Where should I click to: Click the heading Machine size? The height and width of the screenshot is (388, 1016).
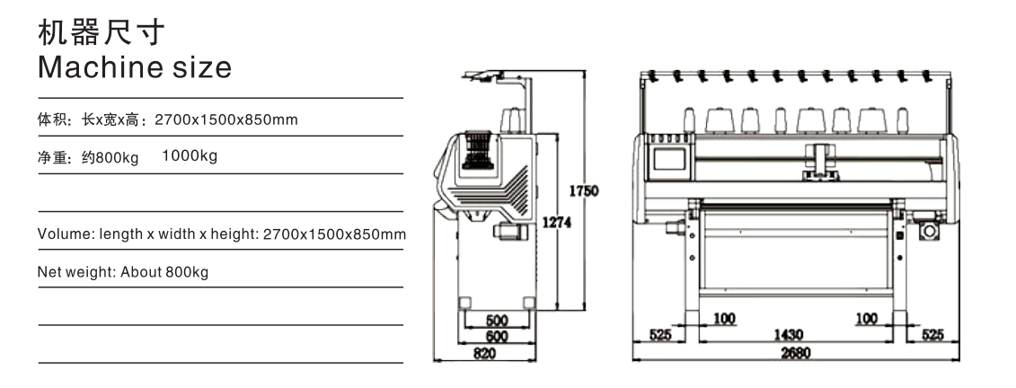135,67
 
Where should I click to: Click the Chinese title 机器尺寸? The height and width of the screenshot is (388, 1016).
102,32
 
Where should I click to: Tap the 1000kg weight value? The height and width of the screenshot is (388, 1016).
190,156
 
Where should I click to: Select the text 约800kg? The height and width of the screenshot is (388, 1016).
110,158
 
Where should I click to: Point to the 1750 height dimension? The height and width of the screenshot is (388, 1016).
584,191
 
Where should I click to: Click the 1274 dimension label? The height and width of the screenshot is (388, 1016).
557,222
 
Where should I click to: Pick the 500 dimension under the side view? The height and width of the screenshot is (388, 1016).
497,321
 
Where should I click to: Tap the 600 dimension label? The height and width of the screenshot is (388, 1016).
497,337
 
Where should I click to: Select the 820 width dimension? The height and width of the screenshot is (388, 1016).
485,354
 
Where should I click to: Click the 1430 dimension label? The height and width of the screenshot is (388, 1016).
789,335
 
